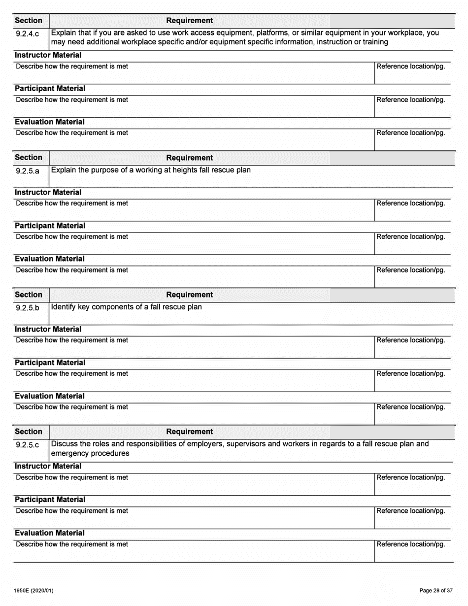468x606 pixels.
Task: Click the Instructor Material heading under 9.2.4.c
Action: click(x=48, y=55)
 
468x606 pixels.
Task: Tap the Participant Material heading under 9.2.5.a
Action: click(x=50, y=226)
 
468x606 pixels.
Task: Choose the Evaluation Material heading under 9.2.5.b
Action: click(x=49, y=396)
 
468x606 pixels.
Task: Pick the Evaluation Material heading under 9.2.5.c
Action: click(x=49, y=533)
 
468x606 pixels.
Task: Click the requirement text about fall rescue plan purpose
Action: click(x=151, y=170)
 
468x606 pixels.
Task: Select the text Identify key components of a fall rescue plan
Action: click(x=127, y=307)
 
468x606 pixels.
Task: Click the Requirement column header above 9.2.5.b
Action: click(x=190, y=295)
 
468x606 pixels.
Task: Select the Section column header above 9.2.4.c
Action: click(x=29, y=21)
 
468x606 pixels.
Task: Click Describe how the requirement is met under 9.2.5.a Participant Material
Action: click(x=72, y=237)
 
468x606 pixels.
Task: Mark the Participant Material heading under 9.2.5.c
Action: click(x=50, y=500)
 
